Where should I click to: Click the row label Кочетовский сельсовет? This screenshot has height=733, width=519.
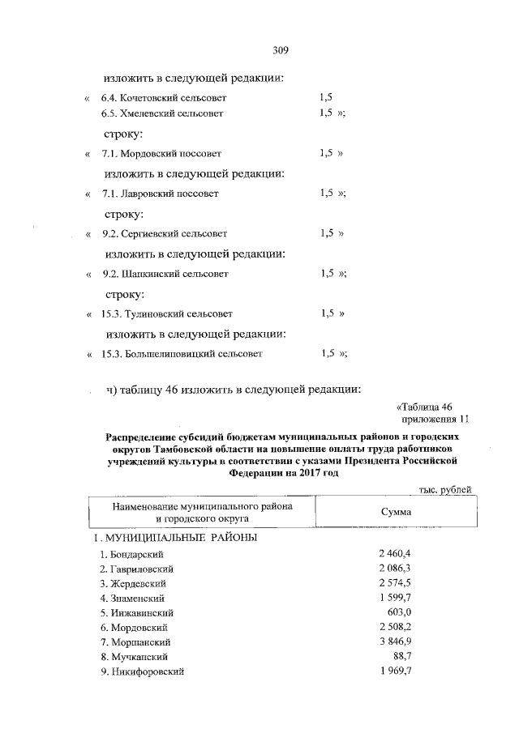163,98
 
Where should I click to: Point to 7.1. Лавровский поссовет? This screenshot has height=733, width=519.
160,194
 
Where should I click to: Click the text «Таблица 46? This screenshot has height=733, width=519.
429,406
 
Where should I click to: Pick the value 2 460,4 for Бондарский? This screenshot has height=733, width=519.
396,553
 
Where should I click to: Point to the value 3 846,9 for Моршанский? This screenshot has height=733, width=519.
396,641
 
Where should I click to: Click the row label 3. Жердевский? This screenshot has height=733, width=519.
133,583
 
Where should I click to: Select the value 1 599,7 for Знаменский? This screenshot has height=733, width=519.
396,598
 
